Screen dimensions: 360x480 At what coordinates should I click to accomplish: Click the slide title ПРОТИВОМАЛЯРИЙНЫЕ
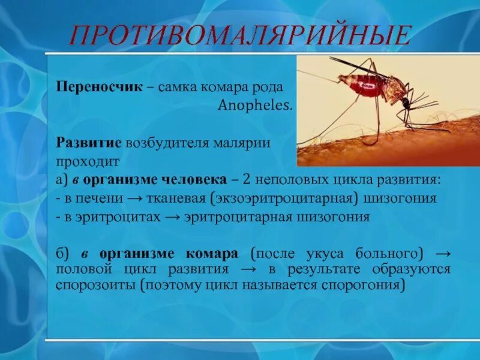241,35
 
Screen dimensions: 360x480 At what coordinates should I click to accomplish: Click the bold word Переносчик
99,87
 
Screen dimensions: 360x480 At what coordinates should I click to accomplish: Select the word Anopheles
255,106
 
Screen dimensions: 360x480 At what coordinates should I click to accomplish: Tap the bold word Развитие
89,143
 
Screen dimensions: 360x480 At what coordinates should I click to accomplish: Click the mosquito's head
407,103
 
